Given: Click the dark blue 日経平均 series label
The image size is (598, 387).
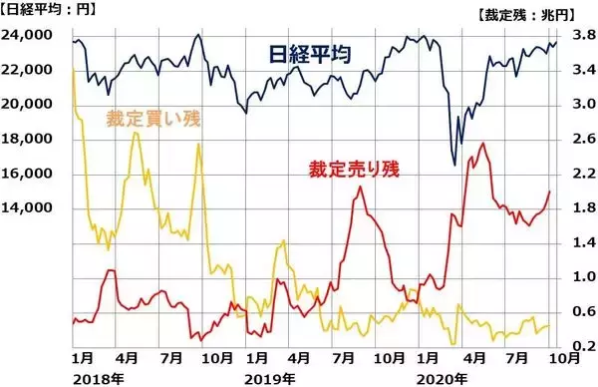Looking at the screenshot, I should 310,54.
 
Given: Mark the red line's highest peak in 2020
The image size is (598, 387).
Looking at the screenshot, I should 484,144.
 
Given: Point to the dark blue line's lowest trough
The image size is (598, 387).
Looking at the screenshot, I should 454,163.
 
